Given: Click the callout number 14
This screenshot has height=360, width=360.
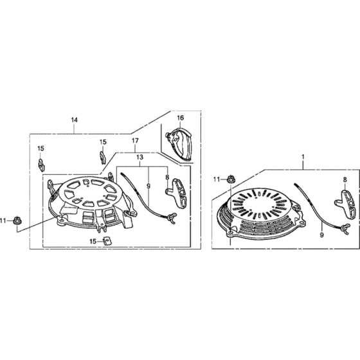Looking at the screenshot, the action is coord(74,120).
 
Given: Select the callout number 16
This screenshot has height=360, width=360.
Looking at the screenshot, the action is coord(181,118).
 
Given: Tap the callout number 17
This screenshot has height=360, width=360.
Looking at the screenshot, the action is coord(135,141).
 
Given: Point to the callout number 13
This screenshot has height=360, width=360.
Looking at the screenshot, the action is coord(140,157).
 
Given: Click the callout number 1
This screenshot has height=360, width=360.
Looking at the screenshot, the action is coord(303,157).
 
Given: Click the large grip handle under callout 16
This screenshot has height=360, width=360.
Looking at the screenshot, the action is coord(179,144).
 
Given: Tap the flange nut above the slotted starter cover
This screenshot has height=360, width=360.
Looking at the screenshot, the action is coord(230,179).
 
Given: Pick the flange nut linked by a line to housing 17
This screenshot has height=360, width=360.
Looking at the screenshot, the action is coord(16,221).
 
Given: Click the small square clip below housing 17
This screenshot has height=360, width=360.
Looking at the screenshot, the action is coord(105,241).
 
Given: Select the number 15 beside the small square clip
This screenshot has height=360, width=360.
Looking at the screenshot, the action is coord(93,241).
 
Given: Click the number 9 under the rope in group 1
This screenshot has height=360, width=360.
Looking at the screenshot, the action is coord(321,235).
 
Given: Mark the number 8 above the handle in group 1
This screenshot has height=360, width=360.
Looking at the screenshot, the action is coord(345,180).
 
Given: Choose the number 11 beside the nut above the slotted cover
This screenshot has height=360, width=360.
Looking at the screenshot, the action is coord(217,179).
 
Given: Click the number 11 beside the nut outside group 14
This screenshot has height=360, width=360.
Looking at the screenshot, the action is coord(3,221).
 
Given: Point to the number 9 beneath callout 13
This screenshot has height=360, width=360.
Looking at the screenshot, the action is coord(148,186).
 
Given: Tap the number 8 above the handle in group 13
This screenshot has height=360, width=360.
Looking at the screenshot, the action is coord(167,177).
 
